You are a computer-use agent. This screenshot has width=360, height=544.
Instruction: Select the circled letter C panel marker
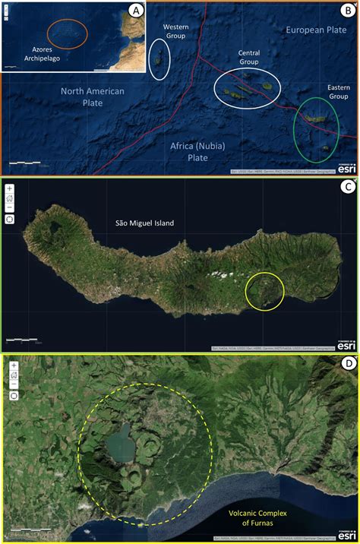click(347, 188)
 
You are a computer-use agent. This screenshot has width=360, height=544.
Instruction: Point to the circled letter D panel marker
click(347, 364)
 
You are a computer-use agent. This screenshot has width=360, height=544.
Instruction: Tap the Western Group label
click(176, 31)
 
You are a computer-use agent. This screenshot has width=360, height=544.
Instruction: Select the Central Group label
click(249, 57)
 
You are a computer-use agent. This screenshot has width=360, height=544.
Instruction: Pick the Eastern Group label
click(338, 92)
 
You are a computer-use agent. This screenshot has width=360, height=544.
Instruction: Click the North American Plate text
click(93, 96)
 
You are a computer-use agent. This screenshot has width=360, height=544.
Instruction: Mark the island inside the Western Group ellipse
click(159, 59)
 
